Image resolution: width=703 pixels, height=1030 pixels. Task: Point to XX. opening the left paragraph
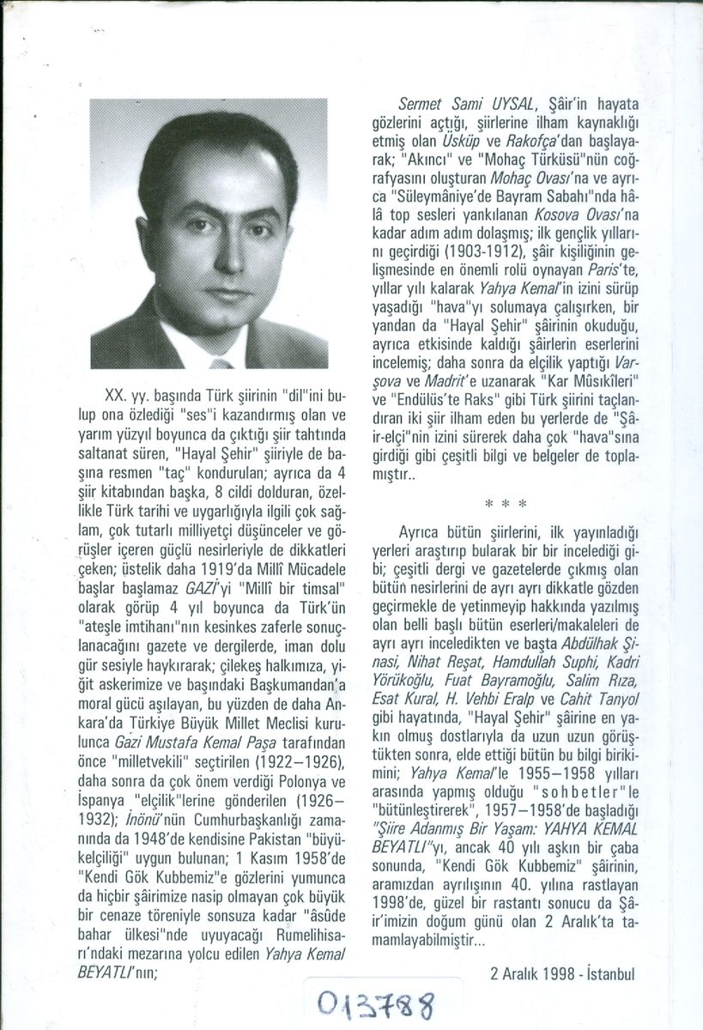coord(116,397)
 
